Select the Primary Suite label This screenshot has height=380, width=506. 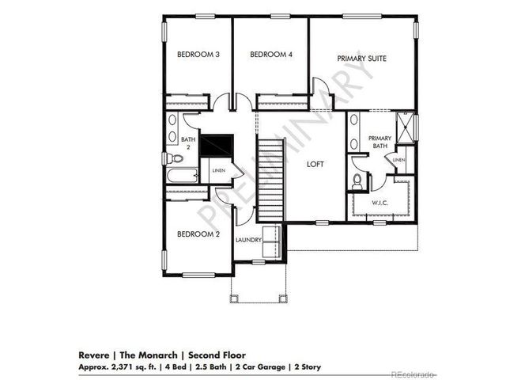(361, 58)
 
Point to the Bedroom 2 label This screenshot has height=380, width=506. (196, 234)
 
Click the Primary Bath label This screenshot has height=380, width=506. (379, 142)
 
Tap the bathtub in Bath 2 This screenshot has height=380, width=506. (183, 177)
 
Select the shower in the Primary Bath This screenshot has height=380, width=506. (406, 127)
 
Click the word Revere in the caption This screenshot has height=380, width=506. (93, 356)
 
